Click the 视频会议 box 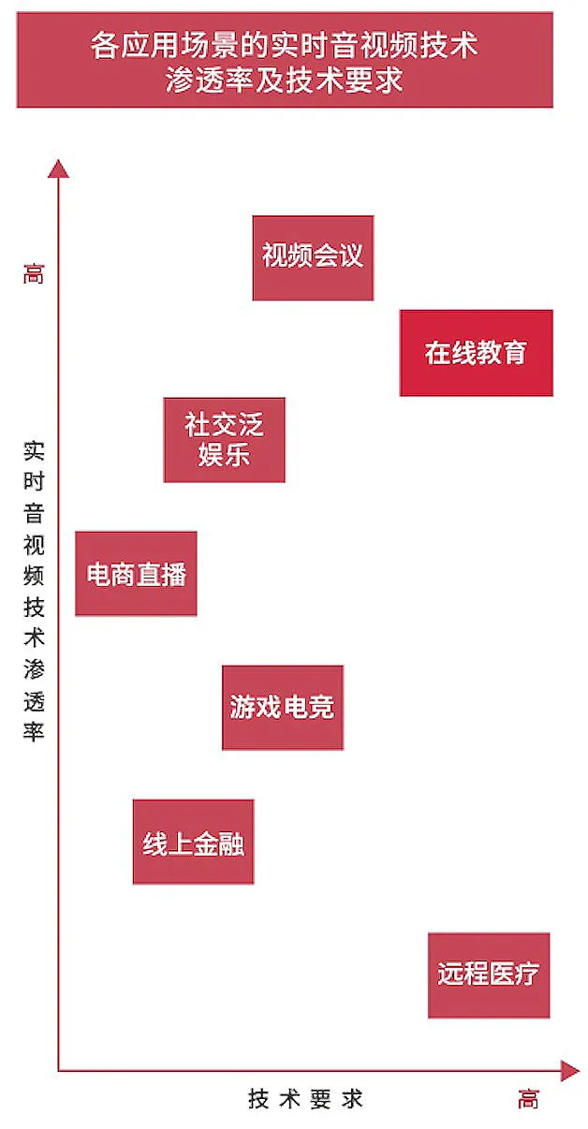point(313,257)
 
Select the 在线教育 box point(476,353)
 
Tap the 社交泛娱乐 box point(224,440)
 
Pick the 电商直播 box point(136,574)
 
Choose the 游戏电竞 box point(282,707)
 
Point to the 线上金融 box point(193,842)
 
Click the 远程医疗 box point(488,975)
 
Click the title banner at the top point(285,61)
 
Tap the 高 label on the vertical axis point(34,275)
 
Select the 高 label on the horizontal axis point(528,1099)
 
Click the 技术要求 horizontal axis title point(305,1099)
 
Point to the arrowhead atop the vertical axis point(58,169)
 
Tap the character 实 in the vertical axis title point(34,452)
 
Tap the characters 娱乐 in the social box point(224,456)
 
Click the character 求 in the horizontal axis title point(352,1099)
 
